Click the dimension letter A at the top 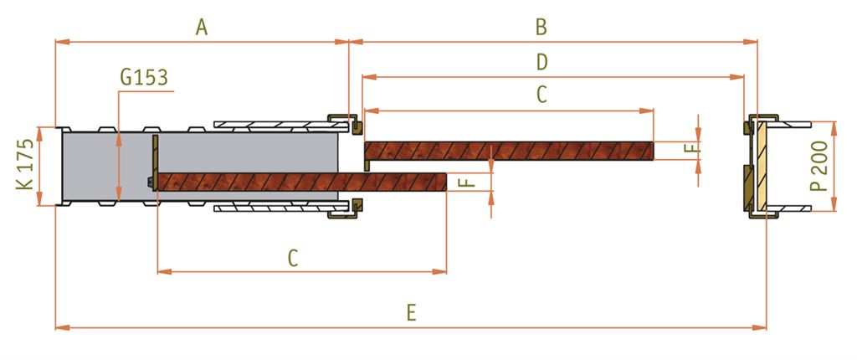[x=202, y=27]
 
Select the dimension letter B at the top [x=541, y=27]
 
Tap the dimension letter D [x=541, y=62]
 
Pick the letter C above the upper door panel [x=541, y=95]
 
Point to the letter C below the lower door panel [x=293, y=258]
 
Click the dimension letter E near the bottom [x=412, y=313]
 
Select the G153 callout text [x=144, y=78]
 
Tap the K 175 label [x=25, y=164]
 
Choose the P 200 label [x=819, y=165]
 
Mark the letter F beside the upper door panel [x=691, y=147]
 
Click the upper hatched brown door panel [x=509, y=151]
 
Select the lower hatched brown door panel [x=301, y=182]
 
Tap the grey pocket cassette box [x=200, y=167]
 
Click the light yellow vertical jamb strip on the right [x=760, y=167]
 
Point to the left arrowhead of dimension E [x=62, y=327]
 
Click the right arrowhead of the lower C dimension [x=440, y=271]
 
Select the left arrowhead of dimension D [x=370, y=77]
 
